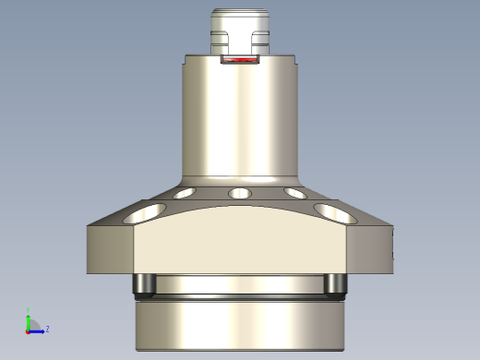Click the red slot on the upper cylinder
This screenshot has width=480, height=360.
click(x=240, y=61)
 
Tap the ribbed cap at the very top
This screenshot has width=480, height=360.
click(x=240, y=18)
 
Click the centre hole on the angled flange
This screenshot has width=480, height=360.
click(x=240, y=194)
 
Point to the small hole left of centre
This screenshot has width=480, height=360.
click(x=185, y=194)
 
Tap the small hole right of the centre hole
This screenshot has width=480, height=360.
click(x=295, y=194)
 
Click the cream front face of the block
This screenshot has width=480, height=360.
click(x=240, y=245)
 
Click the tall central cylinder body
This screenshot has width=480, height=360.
click(x=240, y=120)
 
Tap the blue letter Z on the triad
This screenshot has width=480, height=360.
click(x=47, y=329)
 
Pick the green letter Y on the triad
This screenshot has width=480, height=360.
click(x=29, y=309)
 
